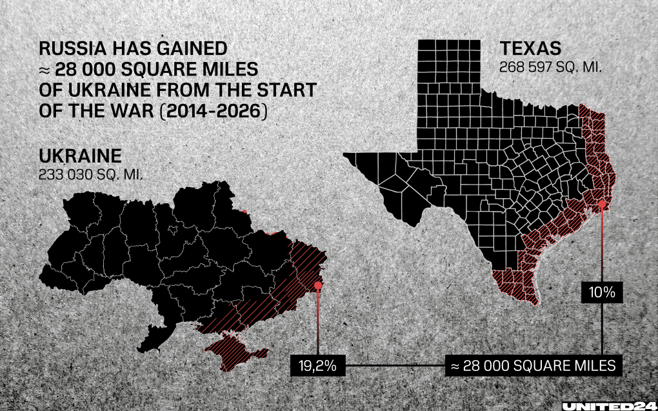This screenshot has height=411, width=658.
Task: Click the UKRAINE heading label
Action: click(x=80, y=157)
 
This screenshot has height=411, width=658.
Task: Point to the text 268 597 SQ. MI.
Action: click(x=550, y=66)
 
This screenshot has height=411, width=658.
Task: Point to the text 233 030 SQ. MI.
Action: click(x=90, y=174)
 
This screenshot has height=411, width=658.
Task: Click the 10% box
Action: click(x=602, y=292)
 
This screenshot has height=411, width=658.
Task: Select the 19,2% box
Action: click(x=318, y=366)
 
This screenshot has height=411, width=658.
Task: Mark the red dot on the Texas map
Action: click(x=603, y=205)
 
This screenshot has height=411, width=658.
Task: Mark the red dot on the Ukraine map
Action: click(x=318, y=285)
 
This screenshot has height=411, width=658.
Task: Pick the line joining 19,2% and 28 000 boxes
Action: click(x=395, y=366)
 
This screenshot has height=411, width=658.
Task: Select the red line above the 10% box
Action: click(x=603, y=245)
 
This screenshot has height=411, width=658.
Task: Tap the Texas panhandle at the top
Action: click(x=449, y=71)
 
